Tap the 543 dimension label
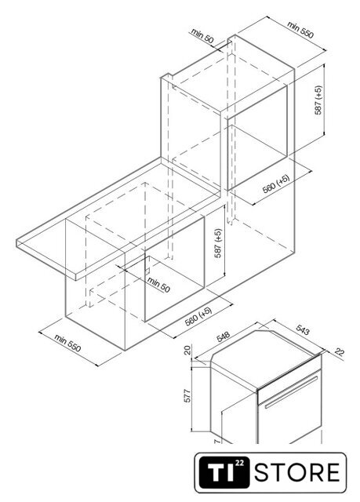(x=303, y=329)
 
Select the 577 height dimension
(x=187, y=395)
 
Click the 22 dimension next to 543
(x=340, y=352)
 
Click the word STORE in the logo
(x=296, y=472)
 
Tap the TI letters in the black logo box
(x=220, y=472)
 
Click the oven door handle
(x=291, y=392)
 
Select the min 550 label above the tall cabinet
(x=300, y=30)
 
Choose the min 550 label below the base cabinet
(x=67, y=343)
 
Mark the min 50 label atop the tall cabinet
(x=202, y=36)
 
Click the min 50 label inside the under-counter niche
(x=158, y=284)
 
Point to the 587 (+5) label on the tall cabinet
(x=318, y=100)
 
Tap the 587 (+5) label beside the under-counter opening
(x=218, y=243)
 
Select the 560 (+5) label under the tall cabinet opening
(x=276, y=184)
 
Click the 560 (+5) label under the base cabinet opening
(x=198, y=316)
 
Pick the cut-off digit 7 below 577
(x=217, y=441)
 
